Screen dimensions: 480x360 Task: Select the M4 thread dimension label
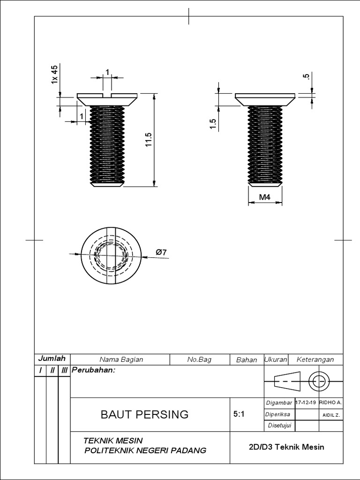point(265,198)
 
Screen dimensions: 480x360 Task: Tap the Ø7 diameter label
point(161,252)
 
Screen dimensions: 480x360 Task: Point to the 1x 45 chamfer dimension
point(54,75)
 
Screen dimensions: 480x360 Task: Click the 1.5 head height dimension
point(212,124)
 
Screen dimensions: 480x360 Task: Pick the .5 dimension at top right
point(307,77)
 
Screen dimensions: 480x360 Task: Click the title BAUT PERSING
point(145,414)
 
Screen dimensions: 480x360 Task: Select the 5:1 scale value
point(238,415)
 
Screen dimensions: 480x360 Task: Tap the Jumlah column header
point(51,359)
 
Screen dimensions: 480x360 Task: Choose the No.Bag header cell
point(199,360)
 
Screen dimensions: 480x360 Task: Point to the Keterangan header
point(315,360)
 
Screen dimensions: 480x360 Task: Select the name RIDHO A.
point(330,403)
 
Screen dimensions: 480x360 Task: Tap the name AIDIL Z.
point(331,415)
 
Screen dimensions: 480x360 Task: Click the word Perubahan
point(93,370)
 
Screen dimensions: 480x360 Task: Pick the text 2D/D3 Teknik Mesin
point(286,447)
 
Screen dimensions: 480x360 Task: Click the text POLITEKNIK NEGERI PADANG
point(144,450)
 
